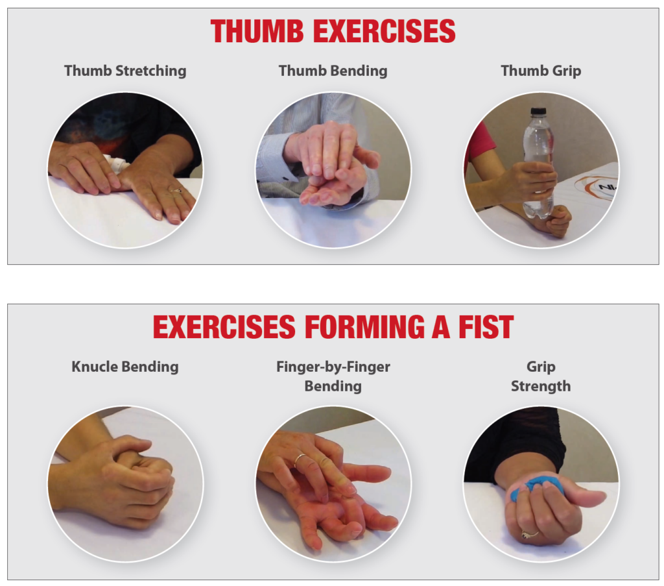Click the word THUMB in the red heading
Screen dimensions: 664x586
click(x=257, y=31)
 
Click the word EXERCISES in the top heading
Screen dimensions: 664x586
click(x=384, y=31)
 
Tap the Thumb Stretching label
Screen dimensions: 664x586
click(x=125, y=71)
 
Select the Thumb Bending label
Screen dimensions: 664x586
click(x=333, y=71)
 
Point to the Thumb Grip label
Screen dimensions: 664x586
click(x=541, y=71)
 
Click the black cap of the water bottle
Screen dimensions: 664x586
click(x=538, y=112)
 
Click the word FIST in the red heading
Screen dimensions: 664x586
click(x=486, y=326)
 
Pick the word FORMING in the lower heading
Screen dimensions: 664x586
click(x=364, y=326)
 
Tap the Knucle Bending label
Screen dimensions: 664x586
click(x=125, y=367)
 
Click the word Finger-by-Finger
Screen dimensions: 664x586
click(x=333, y=367)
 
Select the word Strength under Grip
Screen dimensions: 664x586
click(x=541, y=386)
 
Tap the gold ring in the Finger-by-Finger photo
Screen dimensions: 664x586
click(x=300, y=459)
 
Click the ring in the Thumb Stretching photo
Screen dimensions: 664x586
click(x=175, y=190)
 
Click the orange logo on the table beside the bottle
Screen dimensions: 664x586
click(x=595, y=187)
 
